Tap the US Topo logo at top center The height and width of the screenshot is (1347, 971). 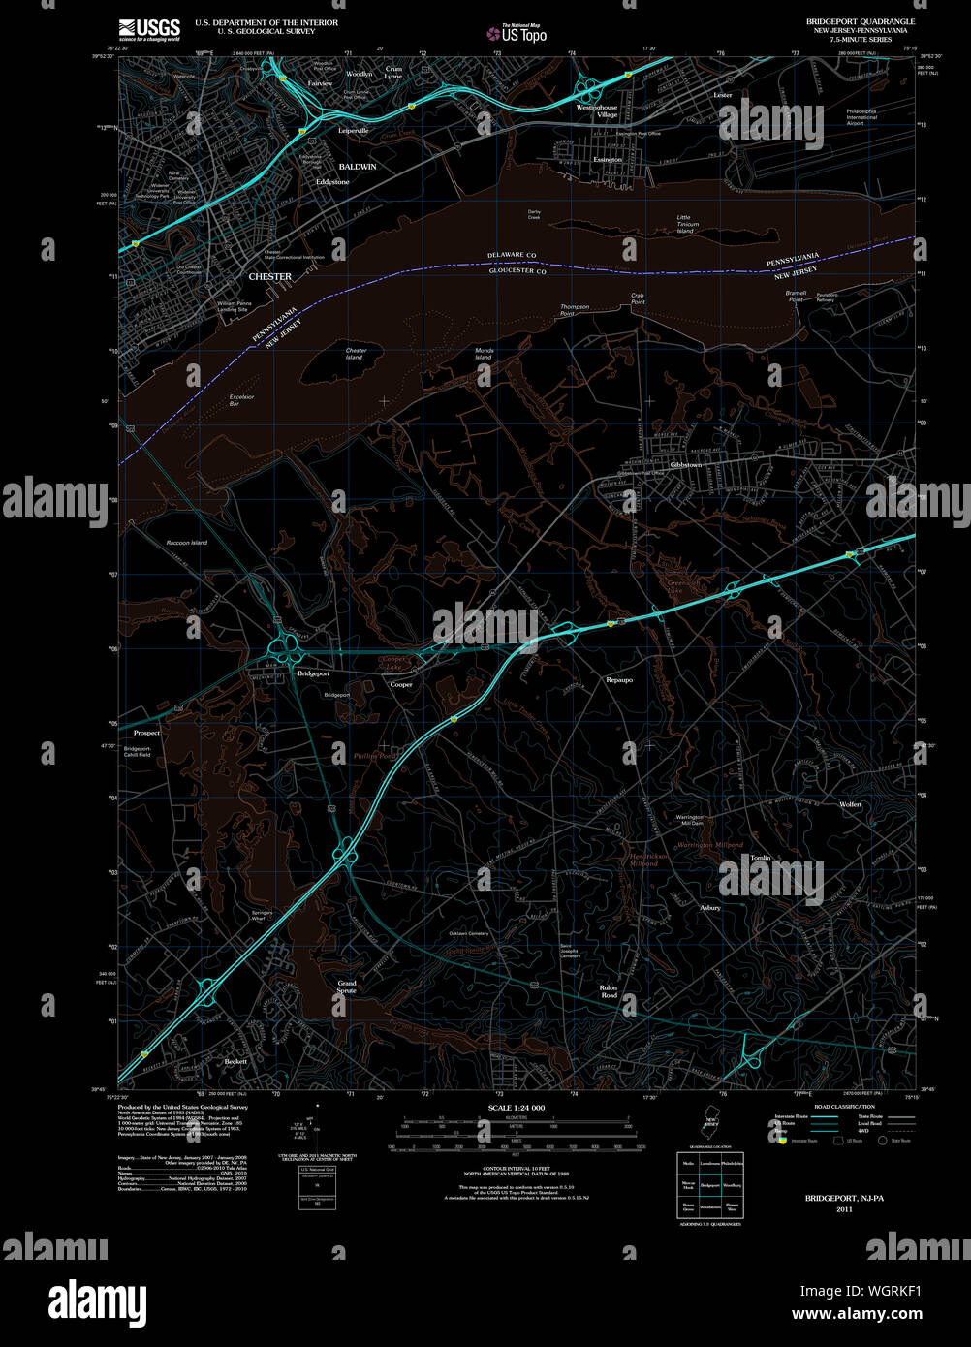(x=517, y=33)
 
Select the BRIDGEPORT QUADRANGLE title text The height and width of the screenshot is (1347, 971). (x=860, y=21)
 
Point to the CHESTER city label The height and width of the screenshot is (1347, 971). (x=269, y=277)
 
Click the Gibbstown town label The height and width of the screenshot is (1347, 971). (x=685, y=465)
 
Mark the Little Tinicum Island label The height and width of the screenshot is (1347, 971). (x=685, y=224)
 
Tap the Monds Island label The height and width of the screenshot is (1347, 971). (x=484, y=354)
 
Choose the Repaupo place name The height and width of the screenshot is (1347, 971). (x=619, y=680)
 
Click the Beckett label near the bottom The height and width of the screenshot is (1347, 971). (x=235, y=1061)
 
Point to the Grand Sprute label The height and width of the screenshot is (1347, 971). (x=347, y=987)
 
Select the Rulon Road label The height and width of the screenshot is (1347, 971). (x=609, y=991)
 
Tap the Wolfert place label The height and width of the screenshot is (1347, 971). (x=850, y=804)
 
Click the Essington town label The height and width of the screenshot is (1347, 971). (x=608, y=160)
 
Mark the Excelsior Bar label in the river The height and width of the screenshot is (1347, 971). (x=241, y=399)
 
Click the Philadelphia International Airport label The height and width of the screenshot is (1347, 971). (x=861, y=117)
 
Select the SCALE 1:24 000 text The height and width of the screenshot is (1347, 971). (x=517, y=1108)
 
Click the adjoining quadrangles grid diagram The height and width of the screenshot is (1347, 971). (x=711, y=1184)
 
